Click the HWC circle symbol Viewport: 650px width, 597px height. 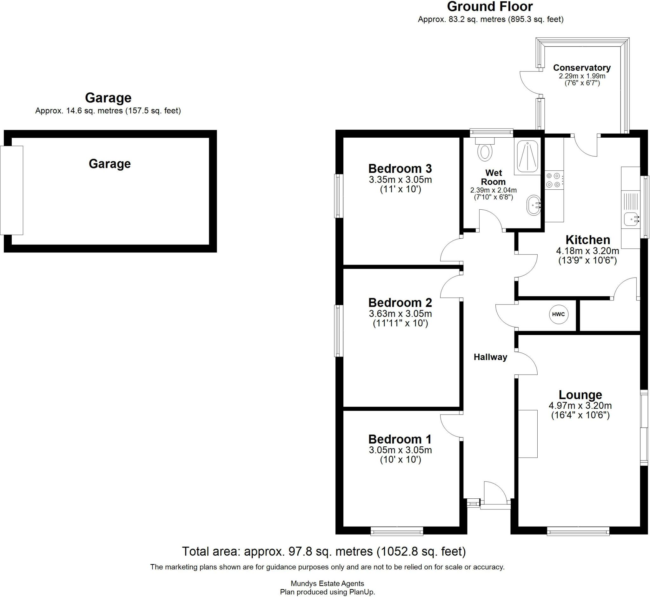(559, 314)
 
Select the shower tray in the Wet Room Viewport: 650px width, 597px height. (527, 157)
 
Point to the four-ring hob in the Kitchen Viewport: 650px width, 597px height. (553, 180)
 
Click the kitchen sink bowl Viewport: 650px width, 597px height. (630, 219)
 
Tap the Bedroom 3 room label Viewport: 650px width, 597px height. (400, 168)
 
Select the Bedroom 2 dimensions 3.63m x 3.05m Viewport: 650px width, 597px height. (400, 313)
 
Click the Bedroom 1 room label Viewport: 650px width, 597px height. (400, 439)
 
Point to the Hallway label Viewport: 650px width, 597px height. (490, 357)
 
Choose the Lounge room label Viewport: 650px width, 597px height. (580, 394)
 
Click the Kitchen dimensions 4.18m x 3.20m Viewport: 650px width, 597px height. (587, 251)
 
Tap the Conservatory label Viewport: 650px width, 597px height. (582, 68)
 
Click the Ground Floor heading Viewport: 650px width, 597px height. (490, 6)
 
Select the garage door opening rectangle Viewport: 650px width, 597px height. (12, 190)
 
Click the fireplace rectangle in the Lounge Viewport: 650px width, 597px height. (528, 434)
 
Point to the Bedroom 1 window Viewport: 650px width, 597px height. (397, 531)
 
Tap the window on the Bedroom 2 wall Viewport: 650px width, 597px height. (338, 331)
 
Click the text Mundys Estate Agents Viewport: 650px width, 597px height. (328, 583)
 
